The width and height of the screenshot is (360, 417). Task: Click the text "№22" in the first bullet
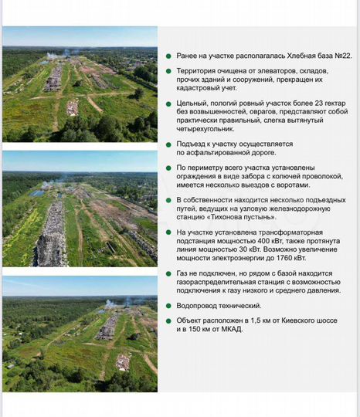tap(343, 56)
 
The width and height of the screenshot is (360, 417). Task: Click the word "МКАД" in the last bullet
tap(230, 330)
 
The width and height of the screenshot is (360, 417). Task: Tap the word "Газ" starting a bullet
tap(182, 273)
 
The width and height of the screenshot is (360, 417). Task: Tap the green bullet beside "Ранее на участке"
tap(168, 56)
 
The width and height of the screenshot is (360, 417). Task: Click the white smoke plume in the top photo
tap(53, 55)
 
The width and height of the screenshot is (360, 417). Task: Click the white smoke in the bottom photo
tap(108, 304)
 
